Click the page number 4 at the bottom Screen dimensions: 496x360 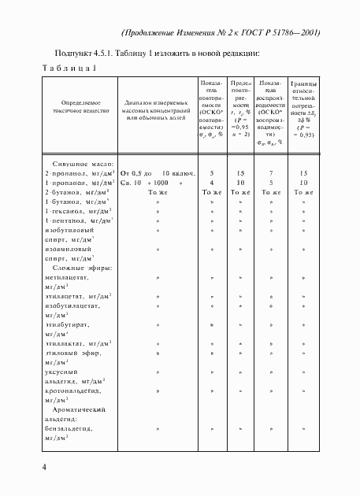click(x=46, y=468)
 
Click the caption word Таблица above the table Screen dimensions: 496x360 click(x=67, y=68)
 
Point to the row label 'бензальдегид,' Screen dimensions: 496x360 click(x=69, y=429)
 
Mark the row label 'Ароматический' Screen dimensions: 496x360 click(x=84, y=410)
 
